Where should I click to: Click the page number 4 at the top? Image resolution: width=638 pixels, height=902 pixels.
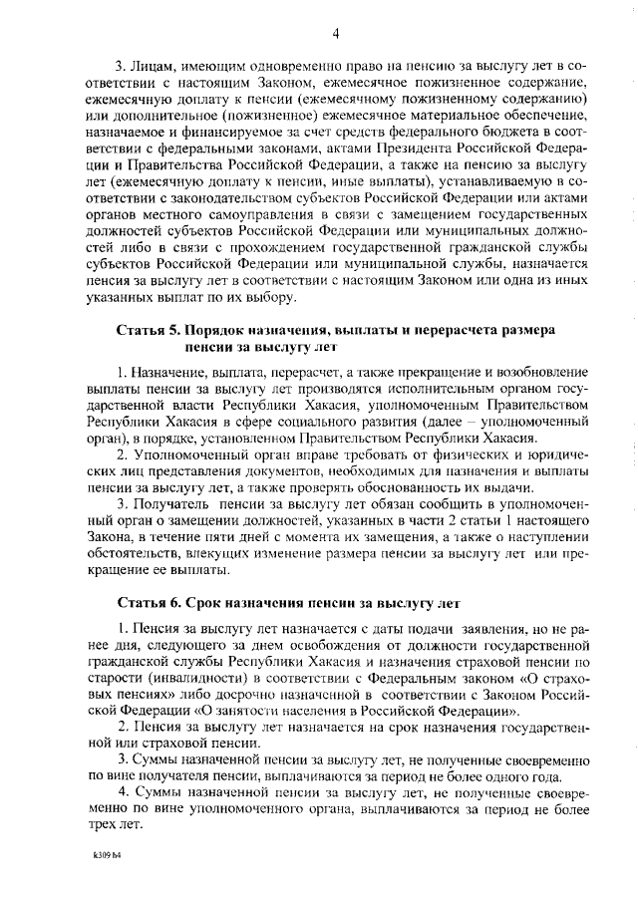coord(336,35)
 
